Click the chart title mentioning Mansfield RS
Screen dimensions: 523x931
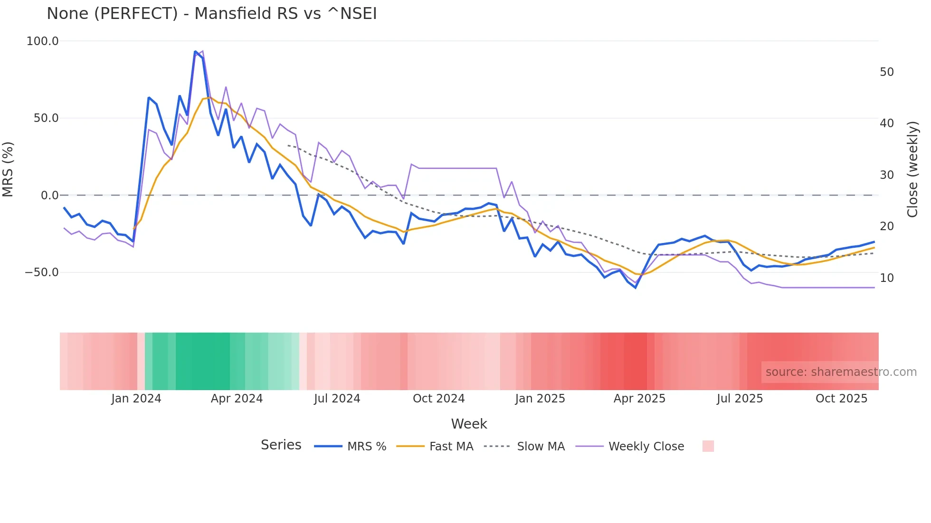[x=211, y=14]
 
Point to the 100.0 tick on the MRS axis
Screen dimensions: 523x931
[x=42, y=41]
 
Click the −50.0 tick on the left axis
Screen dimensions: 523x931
[x=41, y=272]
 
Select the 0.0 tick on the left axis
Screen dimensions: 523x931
[x=49, y=196]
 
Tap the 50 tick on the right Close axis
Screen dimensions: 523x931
[x=887, y=72]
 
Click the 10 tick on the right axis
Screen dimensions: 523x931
[x=887, y=278]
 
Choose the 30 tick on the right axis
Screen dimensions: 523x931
[x=887, y=175]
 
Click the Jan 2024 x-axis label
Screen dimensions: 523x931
[x=136, y=399]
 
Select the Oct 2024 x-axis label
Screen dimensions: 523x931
[x=438, y=399]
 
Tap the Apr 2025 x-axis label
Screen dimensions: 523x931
[x=639, y=399]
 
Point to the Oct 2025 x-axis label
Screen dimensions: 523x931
[x=841, y=399]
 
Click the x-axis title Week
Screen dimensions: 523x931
[x=469, y=424]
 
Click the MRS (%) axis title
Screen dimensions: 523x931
[x=8, y=169]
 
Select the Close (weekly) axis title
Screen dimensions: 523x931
[x=912, y=169]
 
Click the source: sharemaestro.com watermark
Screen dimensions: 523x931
[x=841, y=372]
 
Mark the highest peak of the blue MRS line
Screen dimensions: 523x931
[x=195, y=52]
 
